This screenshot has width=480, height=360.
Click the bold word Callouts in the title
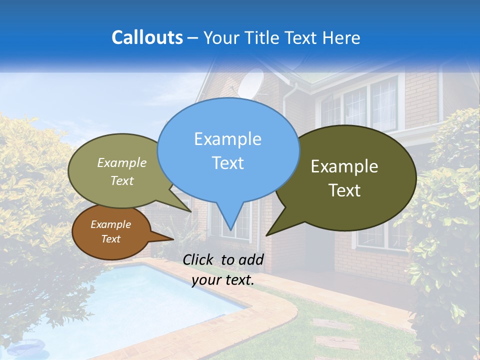tap(147, 37)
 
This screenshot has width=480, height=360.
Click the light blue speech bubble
tap(228, 150)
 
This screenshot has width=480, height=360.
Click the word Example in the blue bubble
tap(227, 139)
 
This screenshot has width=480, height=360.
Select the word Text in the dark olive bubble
tap(345, 190)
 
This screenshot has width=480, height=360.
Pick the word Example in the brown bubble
tap(111, 224)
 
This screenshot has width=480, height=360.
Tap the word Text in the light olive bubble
tap(122, 181)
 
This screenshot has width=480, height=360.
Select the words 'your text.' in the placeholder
tap(223, 280)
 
